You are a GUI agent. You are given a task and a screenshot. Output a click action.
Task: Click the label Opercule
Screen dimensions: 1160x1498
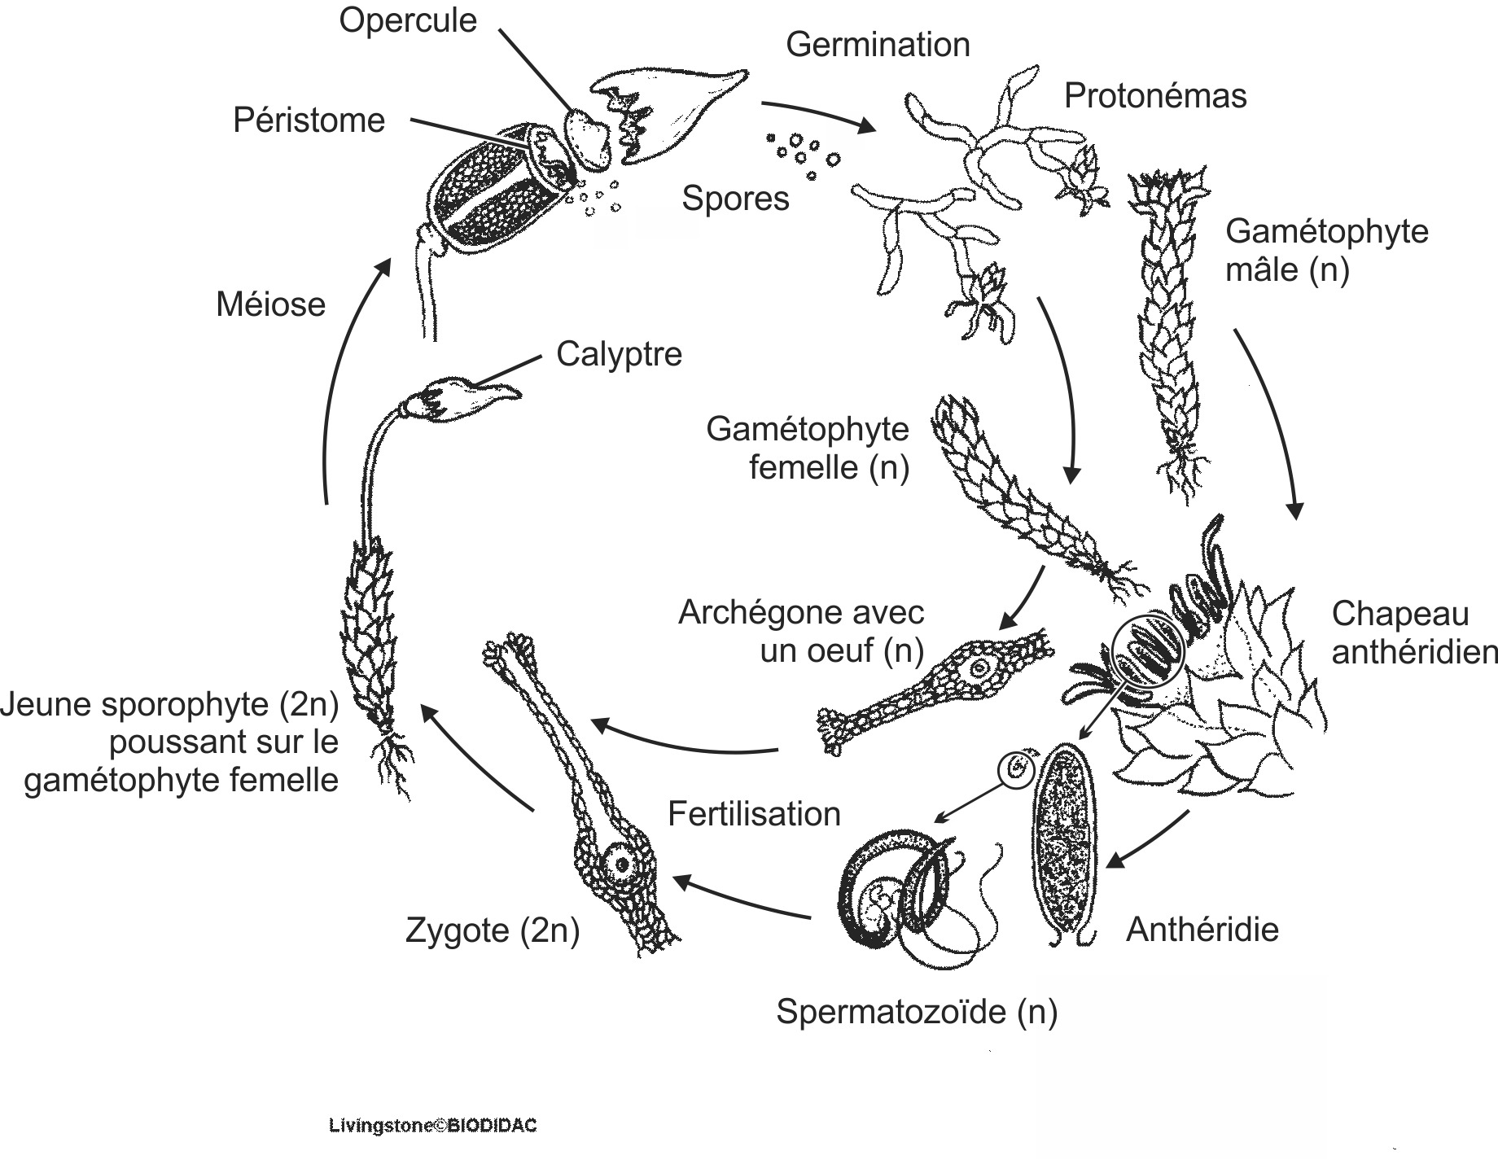tap(407, 20)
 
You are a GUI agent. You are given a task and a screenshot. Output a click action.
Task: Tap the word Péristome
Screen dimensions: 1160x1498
tap(309, 120)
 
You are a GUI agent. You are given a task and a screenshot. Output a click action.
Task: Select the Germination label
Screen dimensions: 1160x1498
tap(878, 45)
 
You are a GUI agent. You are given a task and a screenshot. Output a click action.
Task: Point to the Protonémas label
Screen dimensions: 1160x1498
tap(1154, 96)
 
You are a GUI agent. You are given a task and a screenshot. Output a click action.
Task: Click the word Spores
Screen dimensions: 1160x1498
tap(735, 199)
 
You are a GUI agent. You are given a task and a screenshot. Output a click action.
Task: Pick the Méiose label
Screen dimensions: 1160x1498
tap(270, 304)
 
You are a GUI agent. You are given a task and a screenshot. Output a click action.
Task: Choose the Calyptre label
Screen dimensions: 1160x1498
tap(619, 354)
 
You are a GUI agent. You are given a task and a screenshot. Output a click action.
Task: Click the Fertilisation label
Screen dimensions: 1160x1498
tap(754, 814)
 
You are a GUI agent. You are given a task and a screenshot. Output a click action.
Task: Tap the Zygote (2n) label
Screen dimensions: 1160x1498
tap(493, 930)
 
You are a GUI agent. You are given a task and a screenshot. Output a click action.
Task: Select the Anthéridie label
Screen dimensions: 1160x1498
tap(1202, 930)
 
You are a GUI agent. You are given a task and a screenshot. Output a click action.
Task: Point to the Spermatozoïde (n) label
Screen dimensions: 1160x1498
tap(917, 1012)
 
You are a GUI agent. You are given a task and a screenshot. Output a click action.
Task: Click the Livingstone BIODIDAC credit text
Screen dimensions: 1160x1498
tap(432, 1127)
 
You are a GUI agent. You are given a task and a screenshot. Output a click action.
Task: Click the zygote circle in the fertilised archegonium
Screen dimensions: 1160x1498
tap(622, 864)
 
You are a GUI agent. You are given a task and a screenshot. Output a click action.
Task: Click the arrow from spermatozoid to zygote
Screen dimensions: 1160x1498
tap(741, 900)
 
